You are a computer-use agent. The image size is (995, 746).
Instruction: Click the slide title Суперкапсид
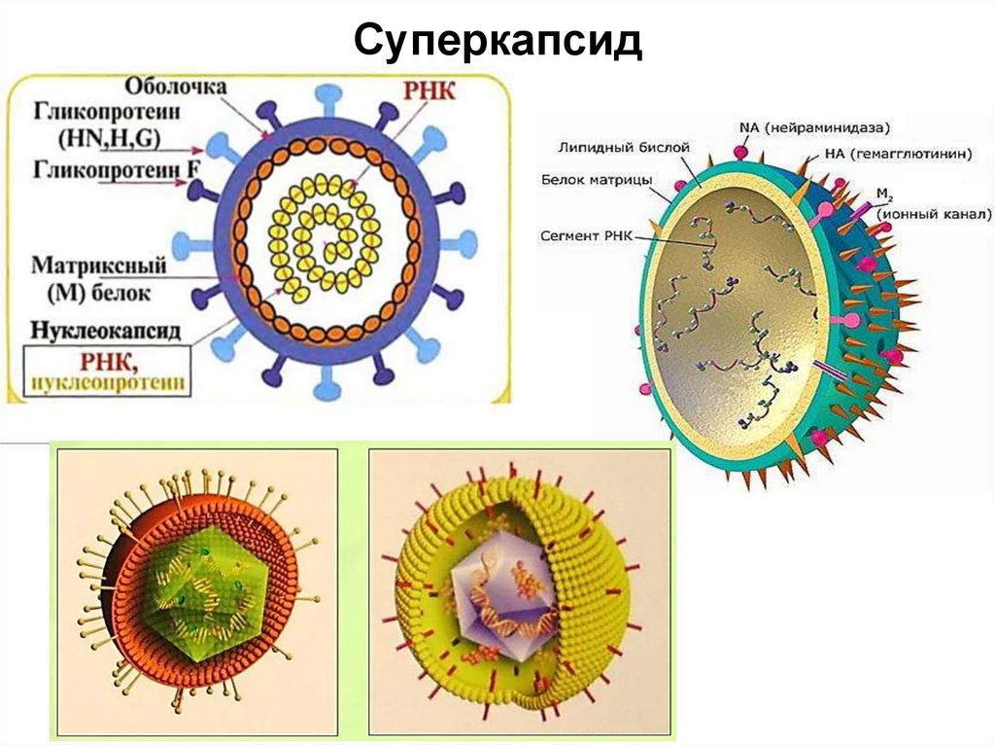497,42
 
